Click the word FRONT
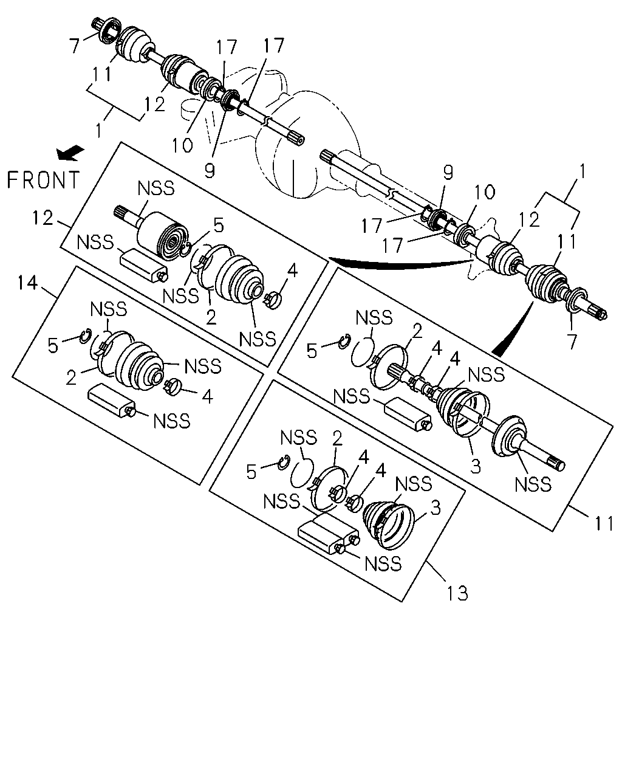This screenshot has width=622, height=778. tap(43, 180)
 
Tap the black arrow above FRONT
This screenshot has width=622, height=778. tap(70, 153)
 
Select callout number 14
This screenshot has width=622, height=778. tap(27, 283)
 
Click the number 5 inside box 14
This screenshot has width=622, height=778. tap(53, 346)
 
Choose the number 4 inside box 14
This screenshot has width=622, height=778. tap(207, 396)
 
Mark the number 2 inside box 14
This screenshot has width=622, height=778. tap(71, 378)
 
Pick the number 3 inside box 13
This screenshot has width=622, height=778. tap(436, 508)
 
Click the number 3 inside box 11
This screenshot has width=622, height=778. tap(476, 466)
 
